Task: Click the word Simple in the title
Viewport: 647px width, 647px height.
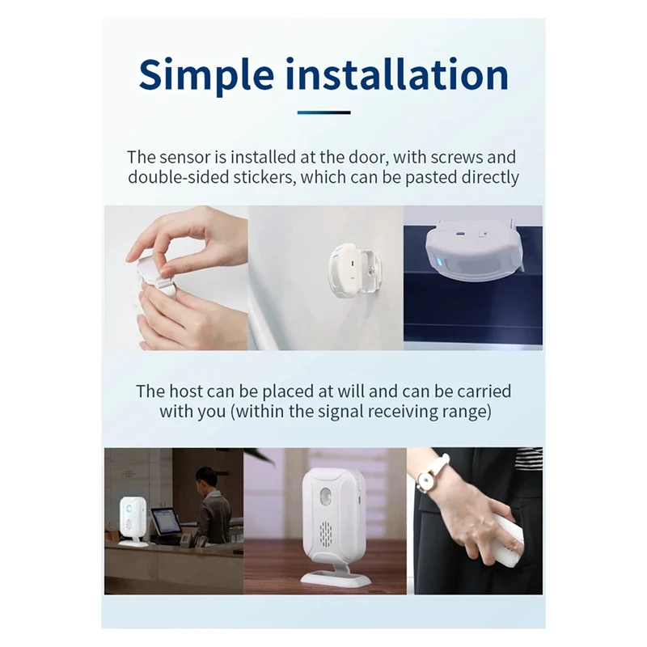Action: point(206,74)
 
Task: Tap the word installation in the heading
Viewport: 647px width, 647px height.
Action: point(398,74)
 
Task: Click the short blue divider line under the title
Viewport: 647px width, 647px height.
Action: point(323,112)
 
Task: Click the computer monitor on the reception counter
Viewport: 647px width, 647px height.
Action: point(165,522)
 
